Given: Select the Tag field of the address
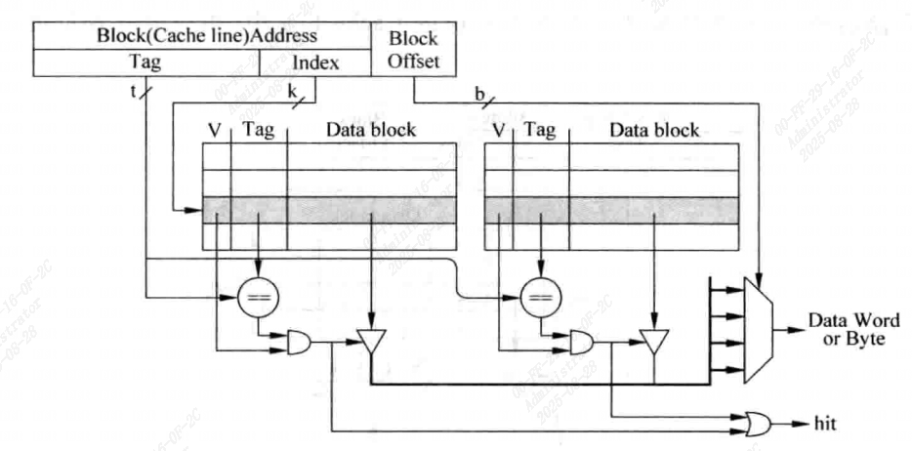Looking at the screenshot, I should click(x=146, y=62).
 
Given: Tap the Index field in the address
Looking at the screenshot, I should click(x=315, y=62).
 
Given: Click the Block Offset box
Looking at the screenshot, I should click(x=413, y=50).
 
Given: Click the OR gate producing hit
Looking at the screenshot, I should click(x=754, y=424).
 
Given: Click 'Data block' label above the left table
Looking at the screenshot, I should click(x=370, y=129).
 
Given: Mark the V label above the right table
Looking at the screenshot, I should click(x=500, y=129).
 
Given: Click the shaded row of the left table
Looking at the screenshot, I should click(x=329, y=210).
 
